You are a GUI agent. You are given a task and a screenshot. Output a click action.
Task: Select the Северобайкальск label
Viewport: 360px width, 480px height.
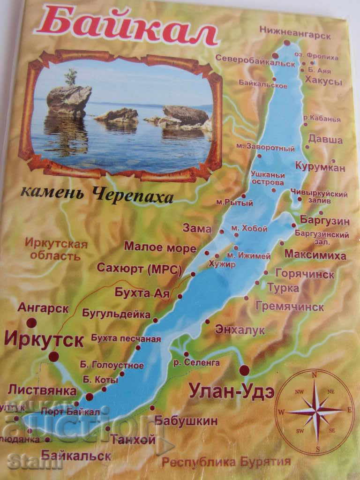pyautogui.click(x=255, y=57)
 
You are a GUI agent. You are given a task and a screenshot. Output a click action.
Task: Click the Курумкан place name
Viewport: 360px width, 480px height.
pyautogui.click(x=320, y=167)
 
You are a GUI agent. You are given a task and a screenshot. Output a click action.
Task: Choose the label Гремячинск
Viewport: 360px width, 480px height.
pyautogui.click(x=290, y=307)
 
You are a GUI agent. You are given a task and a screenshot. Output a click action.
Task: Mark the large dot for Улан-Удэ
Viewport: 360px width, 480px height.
pyautogui.click(x=244, y=371)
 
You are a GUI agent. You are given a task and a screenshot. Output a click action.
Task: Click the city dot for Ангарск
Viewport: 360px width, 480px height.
pyautogui.click(x=31, y=322)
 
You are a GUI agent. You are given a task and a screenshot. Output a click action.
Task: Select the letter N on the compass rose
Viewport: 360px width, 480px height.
pyautogui.click(x=315, y=375)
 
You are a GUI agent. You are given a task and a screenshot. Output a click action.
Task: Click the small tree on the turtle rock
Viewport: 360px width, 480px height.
pyautogui.click(x=71, y=77)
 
